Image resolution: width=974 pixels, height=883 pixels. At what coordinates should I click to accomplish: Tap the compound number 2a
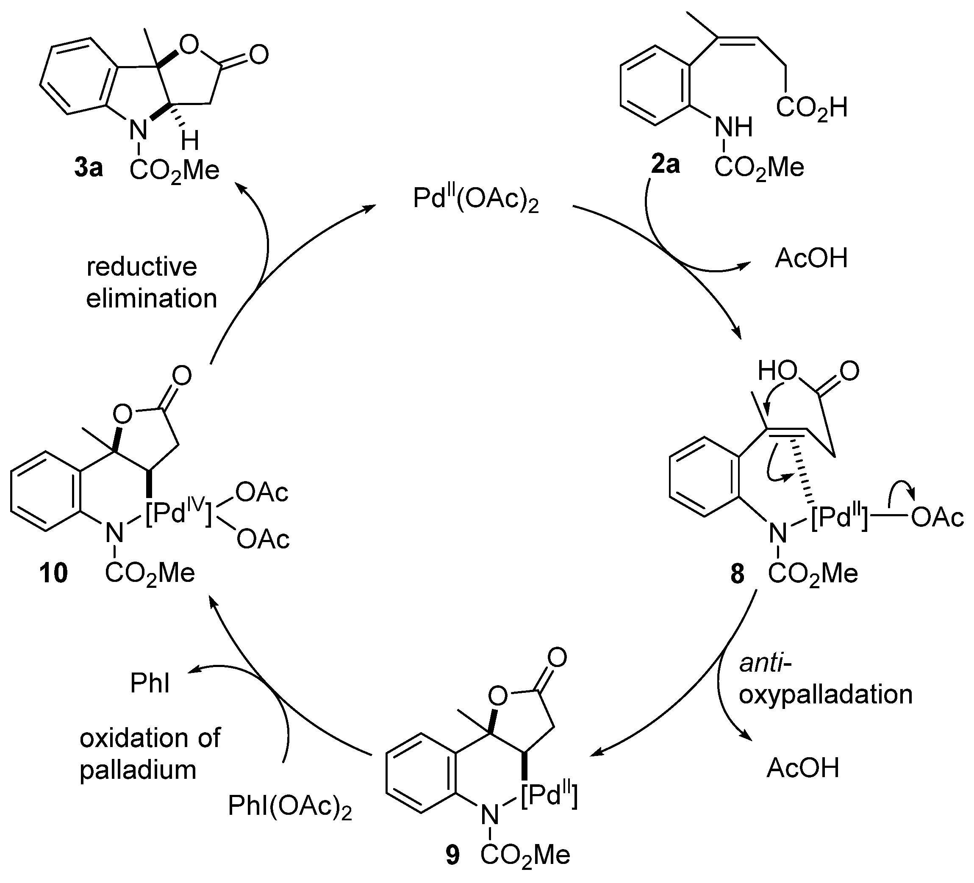pyautogui.click(x=665, y=165)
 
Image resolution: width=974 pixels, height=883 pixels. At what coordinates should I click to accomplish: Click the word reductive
pyautogui.click(x=142, y=267)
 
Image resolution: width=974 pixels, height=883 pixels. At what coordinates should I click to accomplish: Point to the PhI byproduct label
pyautogui.click(x=150, y=684)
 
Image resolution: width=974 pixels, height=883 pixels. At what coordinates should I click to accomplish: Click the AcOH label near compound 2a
pyautogui.click(x=811, y=258)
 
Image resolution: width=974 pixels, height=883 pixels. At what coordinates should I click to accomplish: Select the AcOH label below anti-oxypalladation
pyautogui.click(x=802, y=769)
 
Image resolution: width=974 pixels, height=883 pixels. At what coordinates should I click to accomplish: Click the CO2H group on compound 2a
pyautogui.click(x=812, y=108)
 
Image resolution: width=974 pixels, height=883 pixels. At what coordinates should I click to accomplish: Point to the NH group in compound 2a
pyautogui.click(x=733, y=127)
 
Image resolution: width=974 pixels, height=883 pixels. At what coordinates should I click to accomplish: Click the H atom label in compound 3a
pyautogui.click(x=190, y=141)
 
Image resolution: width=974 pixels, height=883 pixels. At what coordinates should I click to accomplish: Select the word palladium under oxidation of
pyautogui.click(x=138, y=770)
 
